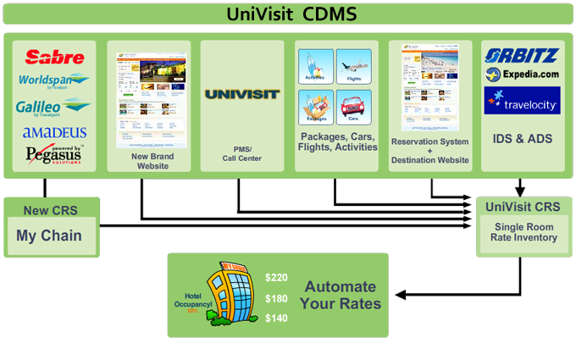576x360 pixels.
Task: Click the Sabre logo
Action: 55,57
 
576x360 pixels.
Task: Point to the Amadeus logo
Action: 55,132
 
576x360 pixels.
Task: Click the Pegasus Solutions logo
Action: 55,154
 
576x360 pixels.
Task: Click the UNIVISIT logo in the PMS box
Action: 242,93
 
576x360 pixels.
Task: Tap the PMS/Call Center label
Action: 242,152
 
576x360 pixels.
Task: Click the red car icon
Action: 354,108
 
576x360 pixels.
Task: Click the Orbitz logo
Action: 522,56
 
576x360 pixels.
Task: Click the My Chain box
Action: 49,235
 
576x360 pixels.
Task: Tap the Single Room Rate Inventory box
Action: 523,231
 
